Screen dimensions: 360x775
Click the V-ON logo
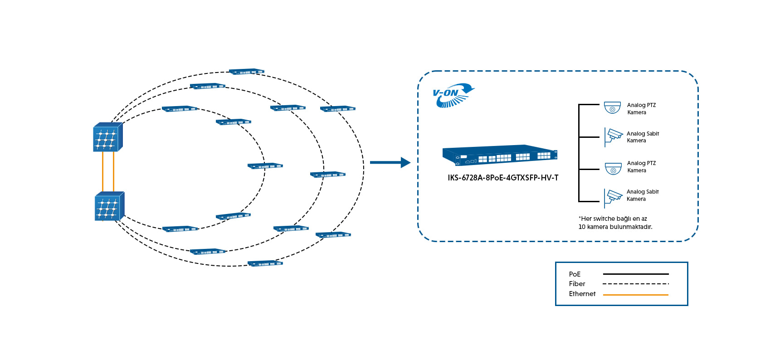coord(453,95)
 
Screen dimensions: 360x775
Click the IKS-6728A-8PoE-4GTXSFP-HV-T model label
coord(503,178)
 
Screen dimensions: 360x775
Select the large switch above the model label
coord(500,155)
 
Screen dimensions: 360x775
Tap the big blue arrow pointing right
coord(390,162)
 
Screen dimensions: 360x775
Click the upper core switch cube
coord(107,137)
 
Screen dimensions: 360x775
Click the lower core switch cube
coord(109,206)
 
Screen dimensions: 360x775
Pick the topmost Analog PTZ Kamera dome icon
coord(612,108)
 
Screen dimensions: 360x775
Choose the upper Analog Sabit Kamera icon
coord(614,136)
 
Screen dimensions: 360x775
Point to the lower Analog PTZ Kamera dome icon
coord(613,169)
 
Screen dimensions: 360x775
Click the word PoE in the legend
coord(575,274)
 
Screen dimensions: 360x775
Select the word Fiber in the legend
coord(577,284)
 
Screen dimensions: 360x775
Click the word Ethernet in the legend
coord(582,294)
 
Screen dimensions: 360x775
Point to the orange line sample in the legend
coord(635,295)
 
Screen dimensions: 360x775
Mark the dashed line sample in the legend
coord(635,284)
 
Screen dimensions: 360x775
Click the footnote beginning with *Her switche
coord(615,223)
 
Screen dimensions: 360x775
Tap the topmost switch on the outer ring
coord(246,72)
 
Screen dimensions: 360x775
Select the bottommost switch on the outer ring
coord(265,263)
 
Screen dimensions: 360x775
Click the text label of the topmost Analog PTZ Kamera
coord(641,109)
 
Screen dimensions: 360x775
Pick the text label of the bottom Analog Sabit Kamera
coord(642,195)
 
